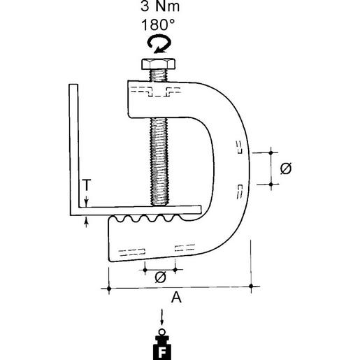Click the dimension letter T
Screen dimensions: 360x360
[x=85, y=185]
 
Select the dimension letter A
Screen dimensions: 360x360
[x=177, y=298]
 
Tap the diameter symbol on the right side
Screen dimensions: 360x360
[x=285, y=168]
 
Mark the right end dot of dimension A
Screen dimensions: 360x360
[x=252, y=287]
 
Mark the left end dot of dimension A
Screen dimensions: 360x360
[x=108, y=287]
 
